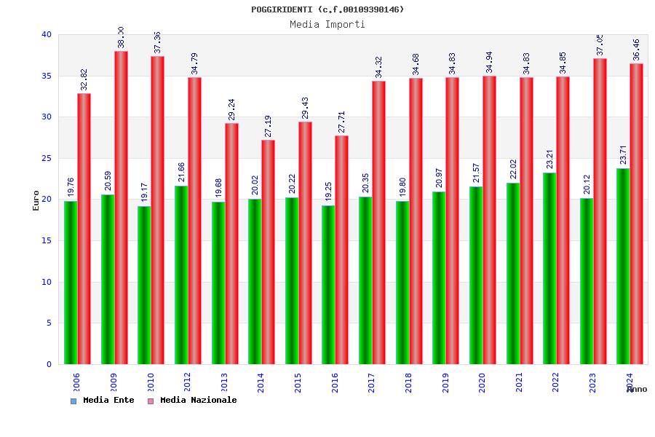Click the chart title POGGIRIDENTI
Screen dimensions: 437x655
tap(327, 9)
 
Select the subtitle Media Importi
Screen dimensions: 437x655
tap(327, 24)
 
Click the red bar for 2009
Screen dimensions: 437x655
tap(121, 208)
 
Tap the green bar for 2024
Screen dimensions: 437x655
tap(623, 267)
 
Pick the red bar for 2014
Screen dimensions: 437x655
tap(269, 252)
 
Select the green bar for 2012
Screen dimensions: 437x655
tap(181, 275)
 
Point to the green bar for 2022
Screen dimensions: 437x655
tap(549, 268)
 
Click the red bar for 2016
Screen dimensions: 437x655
tap(342, 250)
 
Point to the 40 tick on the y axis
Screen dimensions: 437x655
tap(47, 34)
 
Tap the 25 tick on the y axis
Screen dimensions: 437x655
tap(47, 158)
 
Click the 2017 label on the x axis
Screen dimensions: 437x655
tap(372, 382)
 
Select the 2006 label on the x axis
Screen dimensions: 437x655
tap(77, 382)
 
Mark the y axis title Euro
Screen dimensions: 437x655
tap(36, 200)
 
